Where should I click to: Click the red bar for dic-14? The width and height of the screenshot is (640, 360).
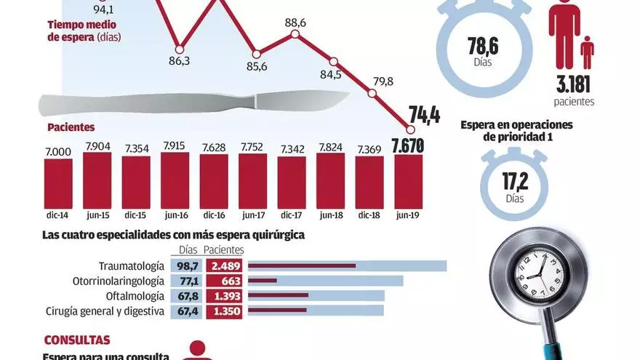click(58, 183)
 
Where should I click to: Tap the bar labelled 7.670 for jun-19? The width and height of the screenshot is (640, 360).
click(408, 181)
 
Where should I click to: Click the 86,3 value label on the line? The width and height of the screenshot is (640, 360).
click(179, 60)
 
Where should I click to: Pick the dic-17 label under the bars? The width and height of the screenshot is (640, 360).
click(291, 215)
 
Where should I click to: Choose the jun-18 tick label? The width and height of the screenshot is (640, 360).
click(331, 215)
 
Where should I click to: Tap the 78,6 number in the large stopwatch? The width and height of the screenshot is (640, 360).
click(481, 51)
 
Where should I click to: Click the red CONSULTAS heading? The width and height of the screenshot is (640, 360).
click(77, 340)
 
